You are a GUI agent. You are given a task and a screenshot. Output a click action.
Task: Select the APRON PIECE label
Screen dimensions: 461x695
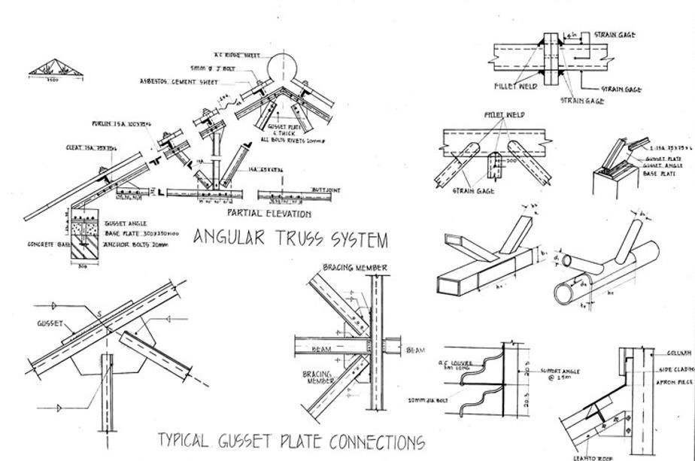[x=676, y=382]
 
